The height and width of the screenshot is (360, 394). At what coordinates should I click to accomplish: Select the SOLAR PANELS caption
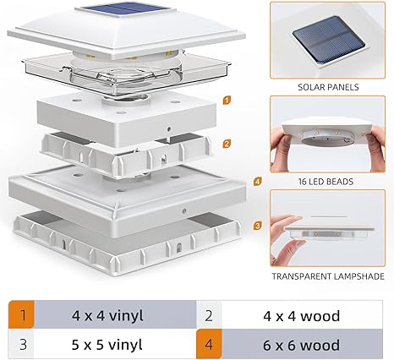click(327, 87)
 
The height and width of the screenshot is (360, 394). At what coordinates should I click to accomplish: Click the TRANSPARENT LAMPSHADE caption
click(327, 275)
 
